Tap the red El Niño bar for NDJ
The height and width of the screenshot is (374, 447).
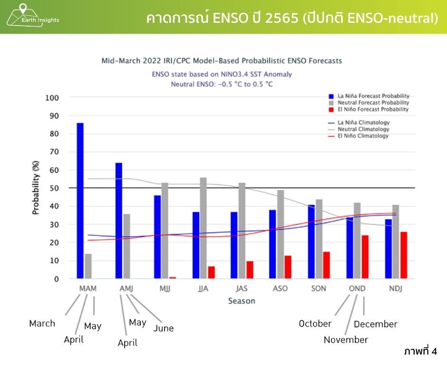pyautogui.click(x=404, y=255)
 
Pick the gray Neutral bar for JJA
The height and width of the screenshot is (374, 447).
pyautogui.click(x=204, y=228)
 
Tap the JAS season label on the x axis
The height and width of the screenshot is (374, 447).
pyautogui.click(x=242, y=289)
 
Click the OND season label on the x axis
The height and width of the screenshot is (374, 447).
pyautogui.click(x=357, y=289)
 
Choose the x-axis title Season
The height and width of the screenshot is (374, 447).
pyautogui.click(x=242, y=301)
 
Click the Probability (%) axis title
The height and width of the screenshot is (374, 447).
pyautogui.click(x=36, y=188)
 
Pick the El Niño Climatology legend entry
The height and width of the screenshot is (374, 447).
pyautogui.click(x=363, y=136)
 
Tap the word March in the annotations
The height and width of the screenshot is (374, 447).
pyautogui.click(x=42, y=323)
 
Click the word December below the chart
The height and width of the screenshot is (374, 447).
pyautogui.click(x=376, y=324)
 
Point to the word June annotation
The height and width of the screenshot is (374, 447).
pyautogui.click(x=164, y=328)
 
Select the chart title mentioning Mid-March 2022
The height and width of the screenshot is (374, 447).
pyautogui.click(x=222, y=61)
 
